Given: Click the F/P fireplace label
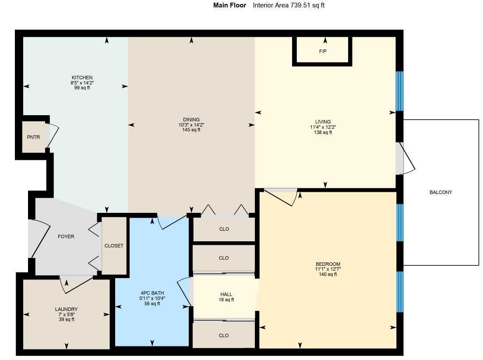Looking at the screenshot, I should point(322,52).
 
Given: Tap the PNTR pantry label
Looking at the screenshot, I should point(33,137).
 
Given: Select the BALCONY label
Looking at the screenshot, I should point(441,192).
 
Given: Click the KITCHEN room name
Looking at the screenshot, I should point(82,78).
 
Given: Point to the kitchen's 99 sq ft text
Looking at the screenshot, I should point(82,88).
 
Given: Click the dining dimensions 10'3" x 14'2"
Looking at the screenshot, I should point(191,125).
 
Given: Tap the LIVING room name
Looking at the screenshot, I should point(323,122).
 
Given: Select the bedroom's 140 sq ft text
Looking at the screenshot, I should point(328,275).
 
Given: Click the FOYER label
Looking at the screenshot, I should point(66,236).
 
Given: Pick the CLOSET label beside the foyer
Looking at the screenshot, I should point(114,246).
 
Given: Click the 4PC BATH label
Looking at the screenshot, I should point(152,293).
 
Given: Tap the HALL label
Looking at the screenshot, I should point(226,294).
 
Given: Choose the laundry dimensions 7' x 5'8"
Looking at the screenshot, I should point(67,314).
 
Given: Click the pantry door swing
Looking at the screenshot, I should point(52,136).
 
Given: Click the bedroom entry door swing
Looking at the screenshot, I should point(282,197).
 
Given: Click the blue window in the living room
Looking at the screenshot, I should point(399,91).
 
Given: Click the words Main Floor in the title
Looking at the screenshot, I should point(229,5).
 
